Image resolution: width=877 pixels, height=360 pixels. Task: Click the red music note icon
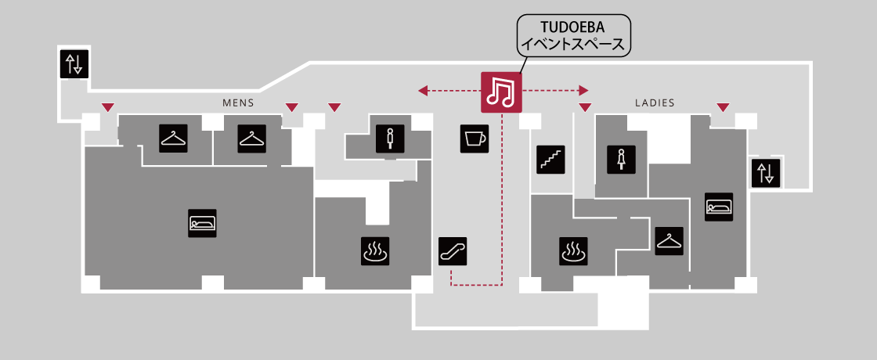tap(501, 92)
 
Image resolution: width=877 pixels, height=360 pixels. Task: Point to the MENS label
tap(238, 103)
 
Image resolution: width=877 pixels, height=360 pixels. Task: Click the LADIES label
tap(655, 103)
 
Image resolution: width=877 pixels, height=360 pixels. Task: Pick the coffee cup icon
tap(473, 139)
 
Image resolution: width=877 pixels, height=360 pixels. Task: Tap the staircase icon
tap(550, 158)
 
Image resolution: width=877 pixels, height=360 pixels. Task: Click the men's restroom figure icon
tap(389, 138)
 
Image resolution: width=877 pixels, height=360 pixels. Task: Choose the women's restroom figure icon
tap(622, 158)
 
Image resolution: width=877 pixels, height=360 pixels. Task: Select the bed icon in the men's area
tap(202, 223)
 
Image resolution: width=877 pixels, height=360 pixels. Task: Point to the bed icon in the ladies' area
tap(719, 207)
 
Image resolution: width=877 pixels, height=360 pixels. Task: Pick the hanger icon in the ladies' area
tap(669, 240)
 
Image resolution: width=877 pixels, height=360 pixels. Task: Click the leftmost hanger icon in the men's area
tap(173, 139)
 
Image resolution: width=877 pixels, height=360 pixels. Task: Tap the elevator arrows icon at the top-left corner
tap(74, 64)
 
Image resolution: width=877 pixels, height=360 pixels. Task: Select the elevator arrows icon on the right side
tap(766, 173)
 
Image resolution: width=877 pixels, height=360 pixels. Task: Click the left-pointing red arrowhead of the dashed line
tap(423, 92)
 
